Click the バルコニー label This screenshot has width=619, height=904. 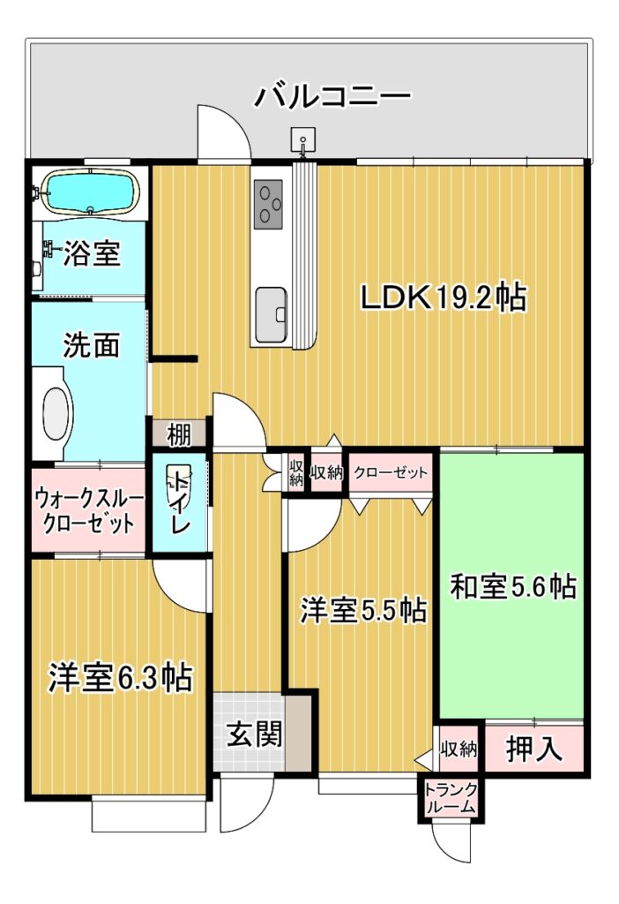point(332,96)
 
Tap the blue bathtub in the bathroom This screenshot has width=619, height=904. point(92,192)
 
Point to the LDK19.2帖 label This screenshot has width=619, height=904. point(443,298)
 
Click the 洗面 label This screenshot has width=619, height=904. point(91,345)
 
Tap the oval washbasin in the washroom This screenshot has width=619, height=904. point(56,414)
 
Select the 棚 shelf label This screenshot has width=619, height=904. point(179,433)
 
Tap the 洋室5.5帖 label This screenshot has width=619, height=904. point(362,611)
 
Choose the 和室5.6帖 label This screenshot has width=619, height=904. point(512,586)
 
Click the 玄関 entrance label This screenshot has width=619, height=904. point(255,734)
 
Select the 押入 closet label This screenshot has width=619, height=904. point(533,749)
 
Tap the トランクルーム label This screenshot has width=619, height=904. point(451,798)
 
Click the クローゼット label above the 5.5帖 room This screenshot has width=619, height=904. point(391,473)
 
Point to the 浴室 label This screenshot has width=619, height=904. point(92,253)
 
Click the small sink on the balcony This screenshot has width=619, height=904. point(302,139)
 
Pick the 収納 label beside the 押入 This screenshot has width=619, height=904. point(459,749)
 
